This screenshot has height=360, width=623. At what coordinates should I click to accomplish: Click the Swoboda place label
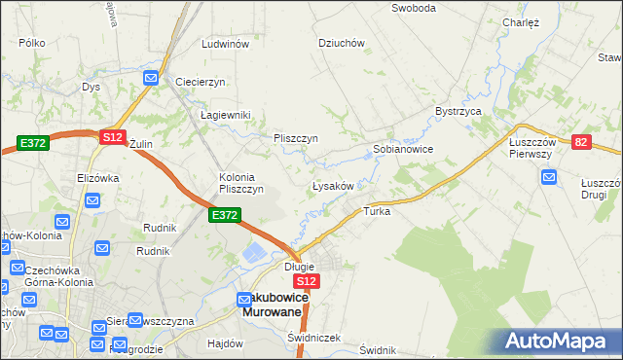point(413,8)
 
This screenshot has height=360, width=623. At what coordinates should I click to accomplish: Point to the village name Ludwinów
point(225,45)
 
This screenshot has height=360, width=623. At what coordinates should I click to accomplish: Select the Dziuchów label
point(342,43)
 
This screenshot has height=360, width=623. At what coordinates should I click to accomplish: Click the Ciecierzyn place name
point(201,82)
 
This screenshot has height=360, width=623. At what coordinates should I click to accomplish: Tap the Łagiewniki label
point(226,115)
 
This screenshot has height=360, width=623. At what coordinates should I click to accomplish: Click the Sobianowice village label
point(403,150)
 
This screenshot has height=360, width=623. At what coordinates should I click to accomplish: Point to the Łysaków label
point(338,185)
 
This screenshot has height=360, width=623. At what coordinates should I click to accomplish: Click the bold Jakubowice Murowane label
point(275,304)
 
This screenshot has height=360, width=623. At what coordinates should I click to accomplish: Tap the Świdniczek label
point(314,338)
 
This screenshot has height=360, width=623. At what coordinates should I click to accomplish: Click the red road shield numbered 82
point(582,142)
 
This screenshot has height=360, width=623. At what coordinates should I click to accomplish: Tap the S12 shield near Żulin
point(112,138)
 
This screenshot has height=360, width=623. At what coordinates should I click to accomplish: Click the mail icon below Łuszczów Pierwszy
point(548,177)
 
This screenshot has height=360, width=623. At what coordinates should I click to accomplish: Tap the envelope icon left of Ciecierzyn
point(151,78)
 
